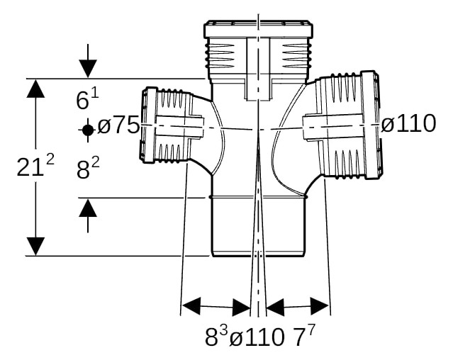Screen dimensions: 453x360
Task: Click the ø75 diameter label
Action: tap(118, 125)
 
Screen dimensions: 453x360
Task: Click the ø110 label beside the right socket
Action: tap(408, 123)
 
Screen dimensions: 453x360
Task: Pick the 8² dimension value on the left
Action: tap(88, 169)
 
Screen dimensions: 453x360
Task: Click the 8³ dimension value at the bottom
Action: tap(217, 335)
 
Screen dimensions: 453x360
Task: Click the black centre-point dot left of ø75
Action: tap(88, 130)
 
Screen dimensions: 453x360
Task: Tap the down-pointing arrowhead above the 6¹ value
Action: tap(88, 69)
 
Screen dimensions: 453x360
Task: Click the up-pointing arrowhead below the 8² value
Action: tap(88, 208)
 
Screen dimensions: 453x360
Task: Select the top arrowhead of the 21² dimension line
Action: tap(35, 89)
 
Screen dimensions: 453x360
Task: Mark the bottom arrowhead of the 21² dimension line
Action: tap(35, 246)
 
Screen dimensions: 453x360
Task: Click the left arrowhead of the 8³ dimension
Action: tap(191, 305)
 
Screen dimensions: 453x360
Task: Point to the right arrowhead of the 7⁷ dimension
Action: tap(320, 305)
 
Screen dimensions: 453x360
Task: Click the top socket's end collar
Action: tap(258, 30)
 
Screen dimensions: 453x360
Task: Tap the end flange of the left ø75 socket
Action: tap(148, 125)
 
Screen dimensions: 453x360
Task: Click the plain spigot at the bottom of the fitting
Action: tap(258, 227)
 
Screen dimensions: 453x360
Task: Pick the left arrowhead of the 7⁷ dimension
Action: tap(275, 307)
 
